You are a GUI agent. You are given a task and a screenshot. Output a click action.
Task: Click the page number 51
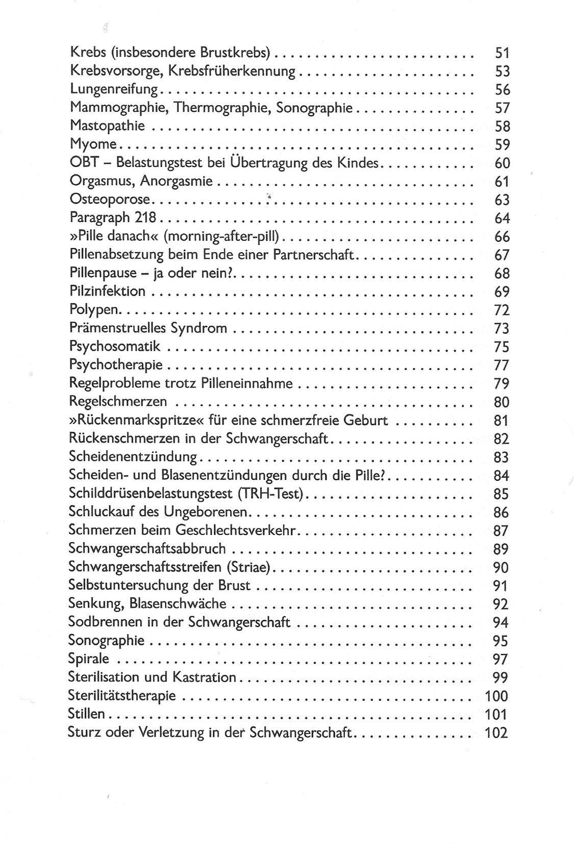pyautogui.click(x=502, y=53)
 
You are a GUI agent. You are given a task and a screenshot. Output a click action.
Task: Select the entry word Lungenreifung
pyautogui.click(x=114, y=90)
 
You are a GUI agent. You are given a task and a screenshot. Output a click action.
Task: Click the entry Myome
pyautogui.click(x=93, y=145)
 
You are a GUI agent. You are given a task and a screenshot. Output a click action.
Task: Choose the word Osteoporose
pyautogui.click(x=110, y=200)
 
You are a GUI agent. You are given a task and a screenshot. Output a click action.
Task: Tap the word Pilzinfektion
pyautogui.click(x=107, y=291)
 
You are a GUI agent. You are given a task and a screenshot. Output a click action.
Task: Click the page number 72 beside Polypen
pyautogui.click(x=502, y=310)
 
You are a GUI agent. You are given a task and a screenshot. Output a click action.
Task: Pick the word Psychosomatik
pyautogui.click(x=115, y=347)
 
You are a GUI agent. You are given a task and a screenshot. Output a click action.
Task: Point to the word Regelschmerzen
pyautogui.click(x=118, y=402)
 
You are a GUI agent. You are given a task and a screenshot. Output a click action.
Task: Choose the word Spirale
pyautogui.click(x=88, y=659)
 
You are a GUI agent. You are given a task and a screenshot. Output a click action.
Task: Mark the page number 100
pyautogui.click(x=495, y=696)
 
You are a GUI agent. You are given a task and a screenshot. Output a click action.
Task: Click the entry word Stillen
pyautogui.click(x=86, y=714)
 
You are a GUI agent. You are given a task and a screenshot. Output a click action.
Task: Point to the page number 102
pyautogui.click(x=495, y=733)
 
